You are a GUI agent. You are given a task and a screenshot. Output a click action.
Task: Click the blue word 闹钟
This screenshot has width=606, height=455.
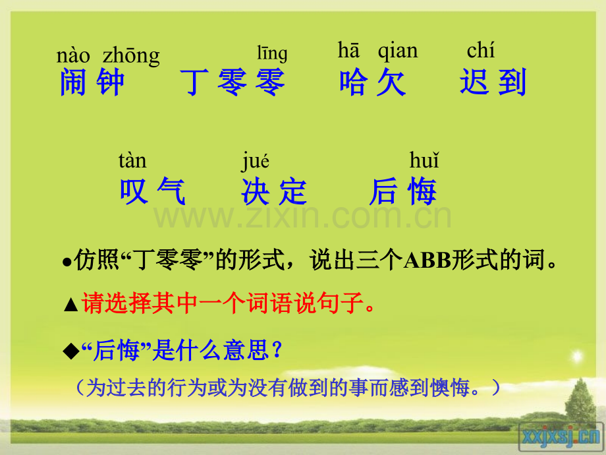pyautogui.click(x=92, y=83)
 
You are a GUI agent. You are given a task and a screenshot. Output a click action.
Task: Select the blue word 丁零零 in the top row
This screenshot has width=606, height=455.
pyautogui.click(x=233, y=83)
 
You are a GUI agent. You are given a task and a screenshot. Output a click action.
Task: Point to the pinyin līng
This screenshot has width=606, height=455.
pyautogui.click(x=271, y=53)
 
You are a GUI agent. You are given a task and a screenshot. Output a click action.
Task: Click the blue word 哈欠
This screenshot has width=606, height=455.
pyautogui.click(x=373, y=83)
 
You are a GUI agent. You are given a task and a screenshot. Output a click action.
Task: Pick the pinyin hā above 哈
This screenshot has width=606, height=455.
pyautogui.click(x=348, y=50)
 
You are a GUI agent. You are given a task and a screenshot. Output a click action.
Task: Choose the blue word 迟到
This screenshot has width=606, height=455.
pyautogui.click(x=493, y=83)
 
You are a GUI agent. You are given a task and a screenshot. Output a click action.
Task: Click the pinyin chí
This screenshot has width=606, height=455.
pyautogui.click(x=480, y=50)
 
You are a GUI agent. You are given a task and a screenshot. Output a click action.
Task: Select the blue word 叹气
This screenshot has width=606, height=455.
pyautogui.click(x=153, y=192)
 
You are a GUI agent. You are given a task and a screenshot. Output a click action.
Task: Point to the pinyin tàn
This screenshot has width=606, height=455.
pyautogui.click(x=132, y=160)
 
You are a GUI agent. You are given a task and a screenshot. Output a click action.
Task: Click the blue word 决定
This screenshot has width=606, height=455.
pyautogui.click(x=274, y=192)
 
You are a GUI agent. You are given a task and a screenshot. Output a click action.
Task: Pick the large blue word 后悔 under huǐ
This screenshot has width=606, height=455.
pyautogui.click(x=403, y=192)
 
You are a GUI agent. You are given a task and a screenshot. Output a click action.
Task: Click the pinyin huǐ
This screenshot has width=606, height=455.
pyautogui.click(x=424, y=160)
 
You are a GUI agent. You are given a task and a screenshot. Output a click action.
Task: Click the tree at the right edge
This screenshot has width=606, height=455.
pyautogui.click(x=580, y=402)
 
